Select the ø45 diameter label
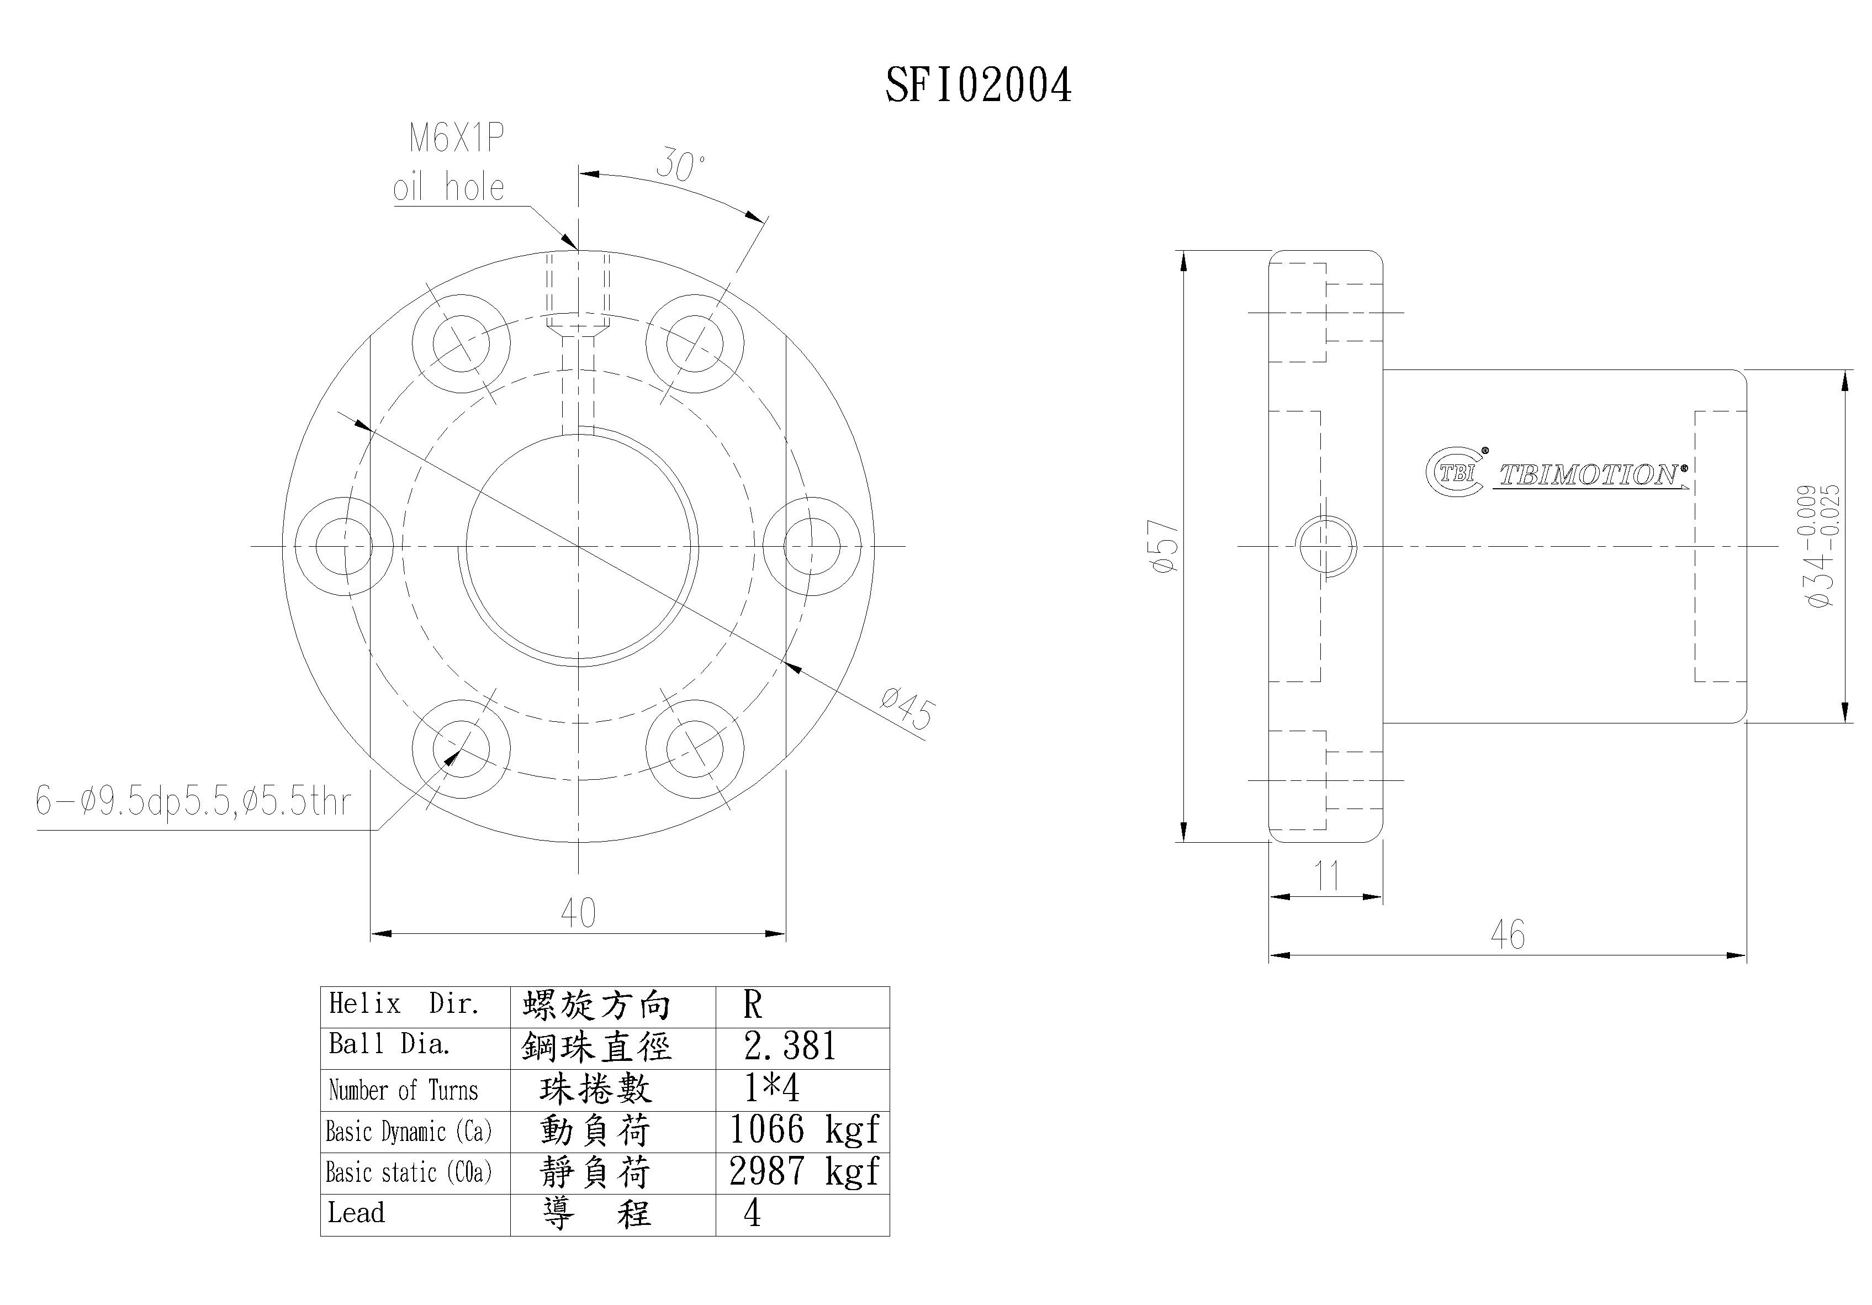click(x=907, y=709)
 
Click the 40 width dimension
click(x=578, y=913)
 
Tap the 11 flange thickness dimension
click(x=1326, y=876)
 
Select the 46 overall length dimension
click(x=1507, y=934)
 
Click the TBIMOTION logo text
click(x=1590, y=475)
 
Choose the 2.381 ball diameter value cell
click(x=790, y=1047)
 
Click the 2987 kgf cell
click(x=803, y=1172)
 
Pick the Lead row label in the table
click(x=356, y=1213)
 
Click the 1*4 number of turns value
click(x=771, y=1088)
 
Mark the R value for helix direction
click(x=752, y=1006)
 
